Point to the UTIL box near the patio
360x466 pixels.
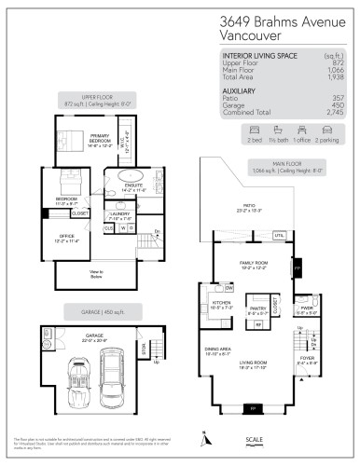pyautogui.click(x=278, y=235)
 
